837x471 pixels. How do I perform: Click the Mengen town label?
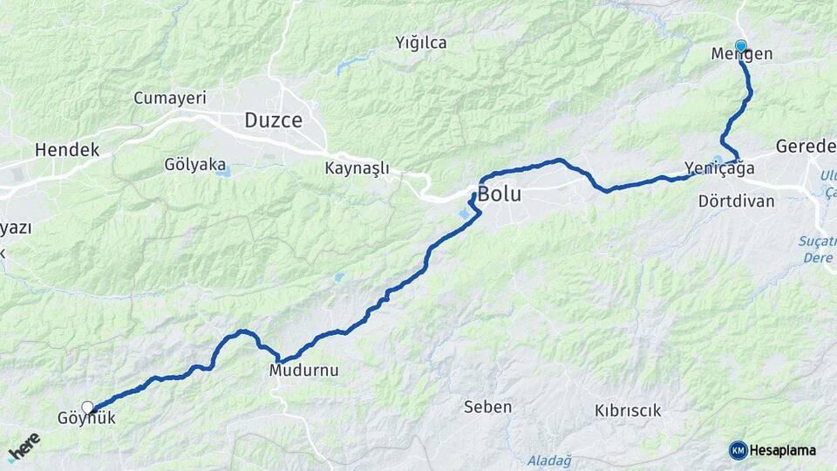pyautogui.click(x=743, y=54)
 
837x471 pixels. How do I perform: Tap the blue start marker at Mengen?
pyautogui.click(x=741, y=46)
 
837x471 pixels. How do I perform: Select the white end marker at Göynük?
pyautogui.click(x=87, y=406)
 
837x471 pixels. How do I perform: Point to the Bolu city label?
pyautogui.click(x=500, y=195)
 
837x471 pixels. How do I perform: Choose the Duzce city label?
pyautogui.click(x=273, y=120)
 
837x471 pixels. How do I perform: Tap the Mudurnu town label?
pyautogui.click(x=303, y=371)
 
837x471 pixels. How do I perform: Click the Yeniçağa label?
pyautogui.click(x=719, y=167)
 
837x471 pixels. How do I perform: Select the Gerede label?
pyautogui.click(x=806, y=146)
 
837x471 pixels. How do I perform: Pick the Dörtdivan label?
pyautogui.click(x=737, y=201)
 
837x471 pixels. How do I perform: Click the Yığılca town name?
pyautogui.click(x=421, y=42)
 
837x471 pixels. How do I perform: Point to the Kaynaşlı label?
pyautogui.click(x=357, y=167)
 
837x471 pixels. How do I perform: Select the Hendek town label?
pyautogui.click(x=67, y=150)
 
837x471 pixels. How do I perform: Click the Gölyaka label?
pyautogui.click(x=195, y=164)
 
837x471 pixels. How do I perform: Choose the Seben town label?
pyautogui.click(x=487, y=406)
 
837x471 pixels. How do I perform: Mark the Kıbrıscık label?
pyautogui.click(x=628, y=410)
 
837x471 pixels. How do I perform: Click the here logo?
pyautogui.click(x=24, y=447)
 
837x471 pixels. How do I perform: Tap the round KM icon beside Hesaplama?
pyautogui.click(x=738, y=450)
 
